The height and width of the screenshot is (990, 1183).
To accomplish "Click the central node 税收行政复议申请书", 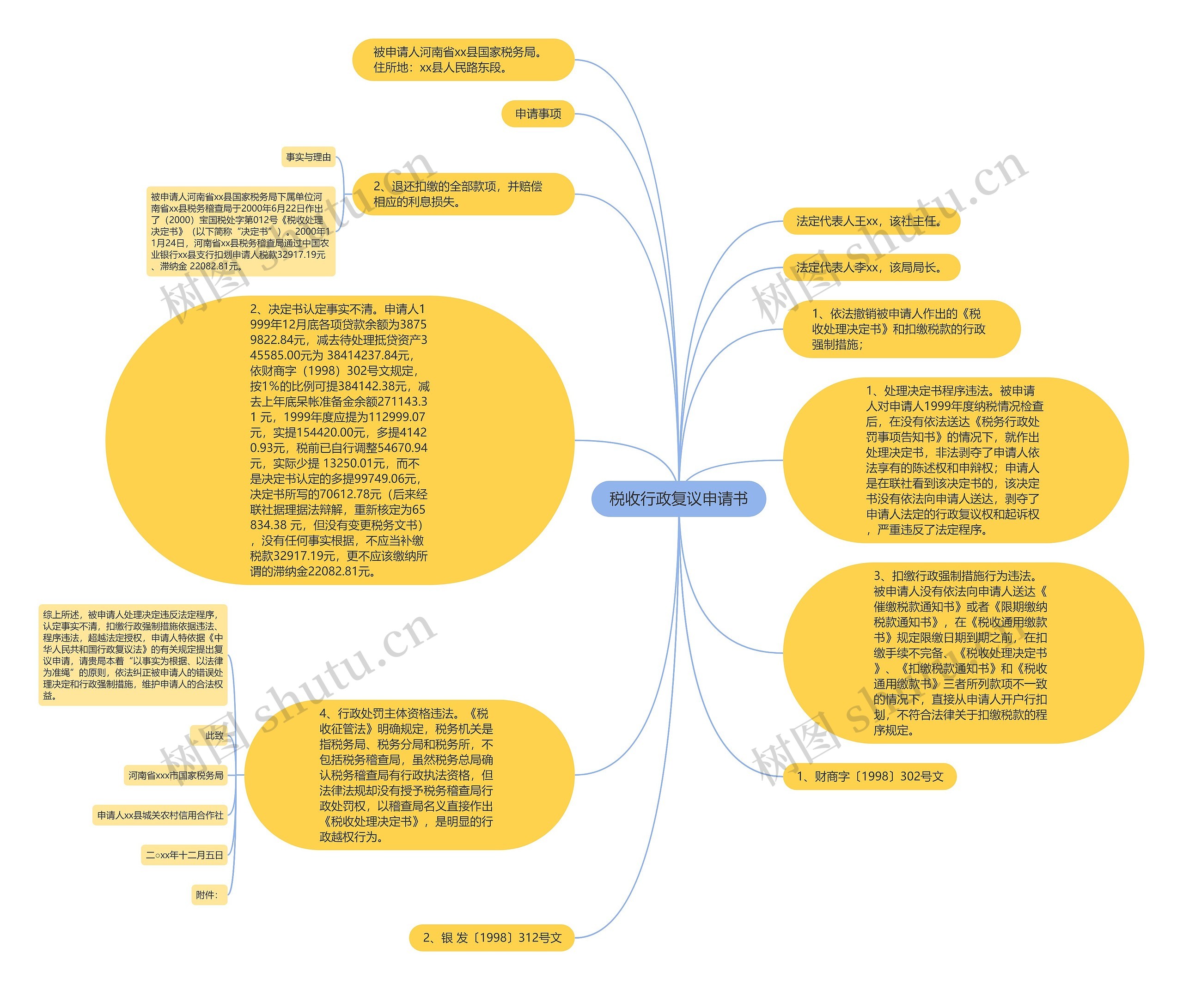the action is point(678,499).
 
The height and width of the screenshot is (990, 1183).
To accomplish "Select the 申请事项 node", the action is point(538,114).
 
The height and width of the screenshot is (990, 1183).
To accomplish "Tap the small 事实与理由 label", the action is point(308,157).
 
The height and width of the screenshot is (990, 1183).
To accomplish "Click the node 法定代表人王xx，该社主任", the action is point(871,221).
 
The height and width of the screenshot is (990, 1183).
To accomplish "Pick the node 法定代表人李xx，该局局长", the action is point(871,267).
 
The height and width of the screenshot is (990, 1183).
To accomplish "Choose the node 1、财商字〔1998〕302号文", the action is point(870,777).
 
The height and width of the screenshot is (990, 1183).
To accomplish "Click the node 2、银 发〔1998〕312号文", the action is point(492,938).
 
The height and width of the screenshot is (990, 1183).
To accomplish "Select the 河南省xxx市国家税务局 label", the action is point(176,776).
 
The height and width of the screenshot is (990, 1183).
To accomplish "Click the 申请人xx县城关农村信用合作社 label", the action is point(160,815).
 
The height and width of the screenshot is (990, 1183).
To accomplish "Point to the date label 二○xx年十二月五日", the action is point(184,855).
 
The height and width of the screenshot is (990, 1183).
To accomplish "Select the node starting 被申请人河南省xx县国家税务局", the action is point(463,60).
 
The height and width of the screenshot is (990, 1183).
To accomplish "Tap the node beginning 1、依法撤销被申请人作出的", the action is point(901,329).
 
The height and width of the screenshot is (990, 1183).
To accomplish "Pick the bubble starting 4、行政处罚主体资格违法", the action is point(409,775).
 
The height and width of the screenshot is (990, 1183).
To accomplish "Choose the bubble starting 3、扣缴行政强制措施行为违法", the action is point(963,653).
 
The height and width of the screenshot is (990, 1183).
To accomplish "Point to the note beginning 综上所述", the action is point(133,655).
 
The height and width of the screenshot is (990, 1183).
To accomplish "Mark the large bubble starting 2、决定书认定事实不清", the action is point(340,440).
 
